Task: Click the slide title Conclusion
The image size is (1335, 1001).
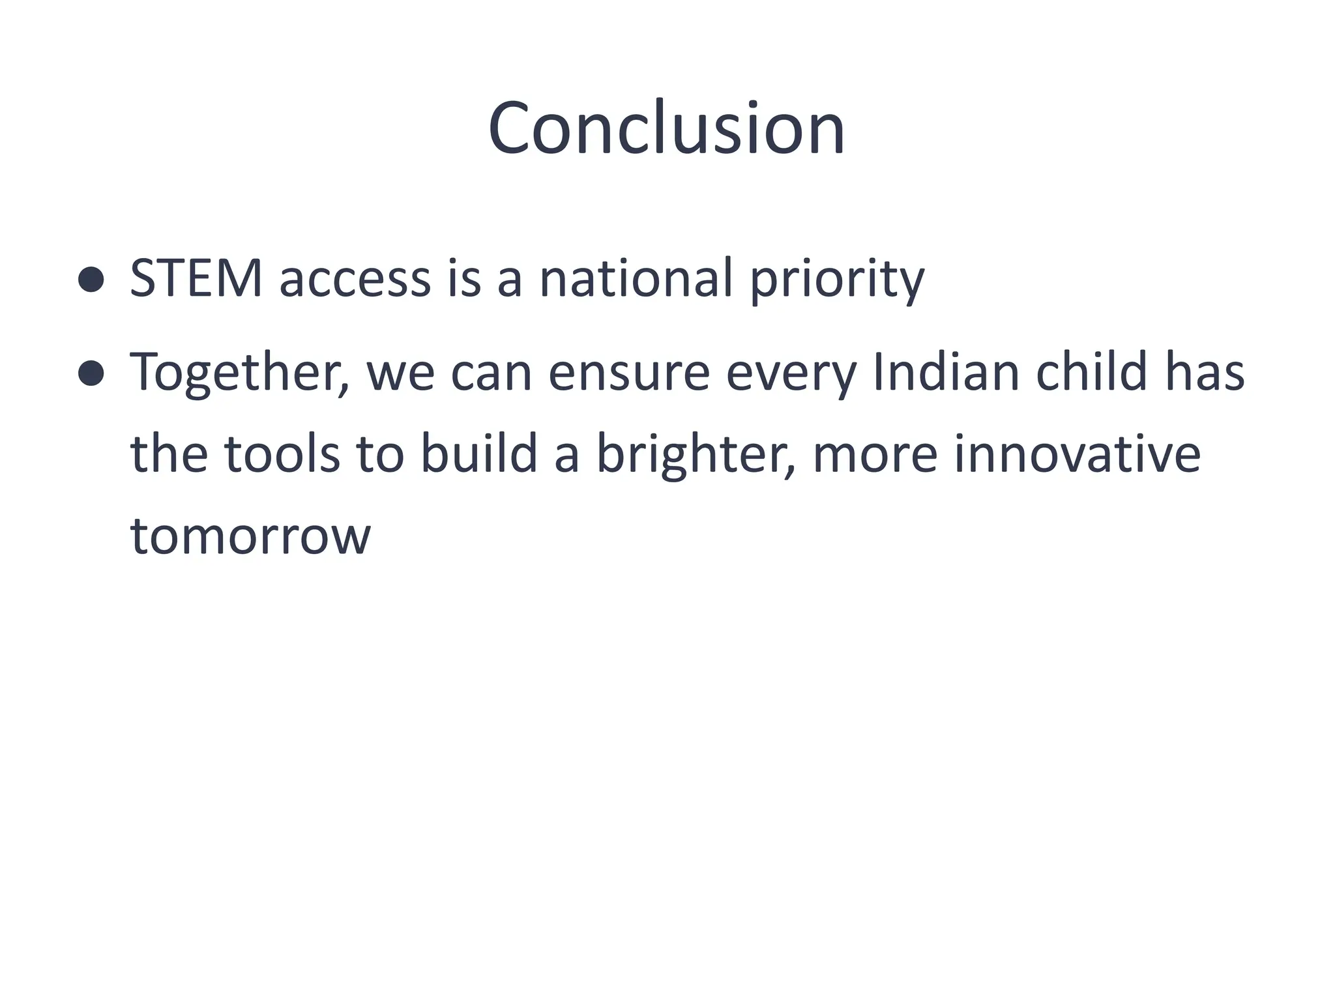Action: pos(666,128)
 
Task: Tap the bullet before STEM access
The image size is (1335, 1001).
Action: pos(91,280)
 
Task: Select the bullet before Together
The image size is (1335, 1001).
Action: pos(91,373)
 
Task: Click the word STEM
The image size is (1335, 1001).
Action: pos(196,279)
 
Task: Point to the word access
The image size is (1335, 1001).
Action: pos(355,279)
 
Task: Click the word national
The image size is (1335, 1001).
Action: pos(636,279)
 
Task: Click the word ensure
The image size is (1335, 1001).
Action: pos(628,373)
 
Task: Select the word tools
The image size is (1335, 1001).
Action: pos(282,454)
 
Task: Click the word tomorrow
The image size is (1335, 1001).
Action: pos(250,536)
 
